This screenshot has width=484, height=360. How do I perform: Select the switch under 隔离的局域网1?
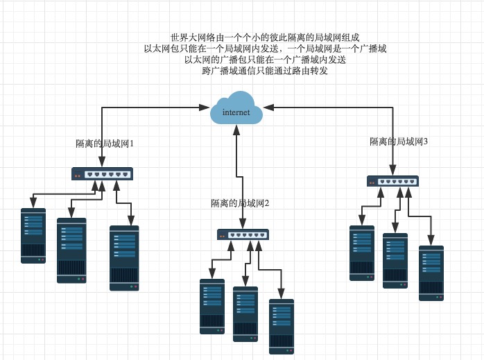tap(102, 174)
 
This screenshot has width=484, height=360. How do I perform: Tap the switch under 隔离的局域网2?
tap(242, 235)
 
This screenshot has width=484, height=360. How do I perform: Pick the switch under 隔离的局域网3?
tap(392, 181)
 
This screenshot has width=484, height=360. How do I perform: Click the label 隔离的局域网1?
tap(104, 144)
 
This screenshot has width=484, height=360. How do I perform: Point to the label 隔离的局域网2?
tap(240, 203)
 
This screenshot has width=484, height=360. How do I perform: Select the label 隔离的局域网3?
tap(399, 141)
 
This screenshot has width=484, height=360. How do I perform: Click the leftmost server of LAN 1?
tap(33, 235)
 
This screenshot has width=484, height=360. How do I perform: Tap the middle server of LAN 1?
tap(71, 250)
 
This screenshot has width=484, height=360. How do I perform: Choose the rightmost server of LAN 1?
tap(124, 257)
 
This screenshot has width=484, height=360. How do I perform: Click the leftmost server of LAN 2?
tap(212, 306)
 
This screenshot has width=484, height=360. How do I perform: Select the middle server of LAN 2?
tap(245, 314)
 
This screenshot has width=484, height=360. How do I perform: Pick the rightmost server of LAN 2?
tap(282, 326)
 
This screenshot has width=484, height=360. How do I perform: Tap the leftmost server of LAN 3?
tap(362, 252)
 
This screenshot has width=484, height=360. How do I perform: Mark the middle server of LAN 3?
tap(395, 260)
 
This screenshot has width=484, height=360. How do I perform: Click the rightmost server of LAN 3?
tap(431, 273)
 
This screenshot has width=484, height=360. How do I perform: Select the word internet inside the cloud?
tap(236, 112)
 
